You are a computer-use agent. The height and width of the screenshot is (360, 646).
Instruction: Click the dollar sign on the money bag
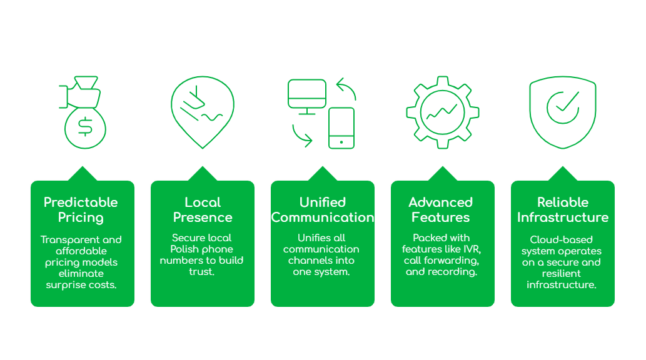pos(85,127)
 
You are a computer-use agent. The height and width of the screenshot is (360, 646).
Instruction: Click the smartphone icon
pos(341,128)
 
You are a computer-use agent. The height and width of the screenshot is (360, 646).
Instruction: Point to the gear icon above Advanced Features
pos(443,112)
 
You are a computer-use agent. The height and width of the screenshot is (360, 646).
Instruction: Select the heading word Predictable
pos(81,202)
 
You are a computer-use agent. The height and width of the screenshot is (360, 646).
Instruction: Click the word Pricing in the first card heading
pos(81,217)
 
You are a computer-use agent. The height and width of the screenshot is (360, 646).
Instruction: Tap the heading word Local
pos(203,202)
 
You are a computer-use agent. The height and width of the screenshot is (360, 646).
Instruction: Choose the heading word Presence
pos(203,217)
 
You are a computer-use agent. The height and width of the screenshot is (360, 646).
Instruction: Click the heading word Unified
pos(323,202)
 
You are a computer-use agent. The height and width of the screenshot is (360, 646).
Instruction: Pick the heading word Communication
pos(323,217)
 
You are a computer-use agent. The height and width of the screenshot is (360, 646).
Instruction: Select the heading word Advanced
pos(440,202)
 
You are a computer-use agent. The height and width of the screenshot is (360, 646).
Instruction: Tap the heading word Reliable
pos(563,202)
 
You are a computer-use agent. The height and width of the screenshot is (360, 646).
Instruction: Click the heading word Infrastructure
pos(563,217)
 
